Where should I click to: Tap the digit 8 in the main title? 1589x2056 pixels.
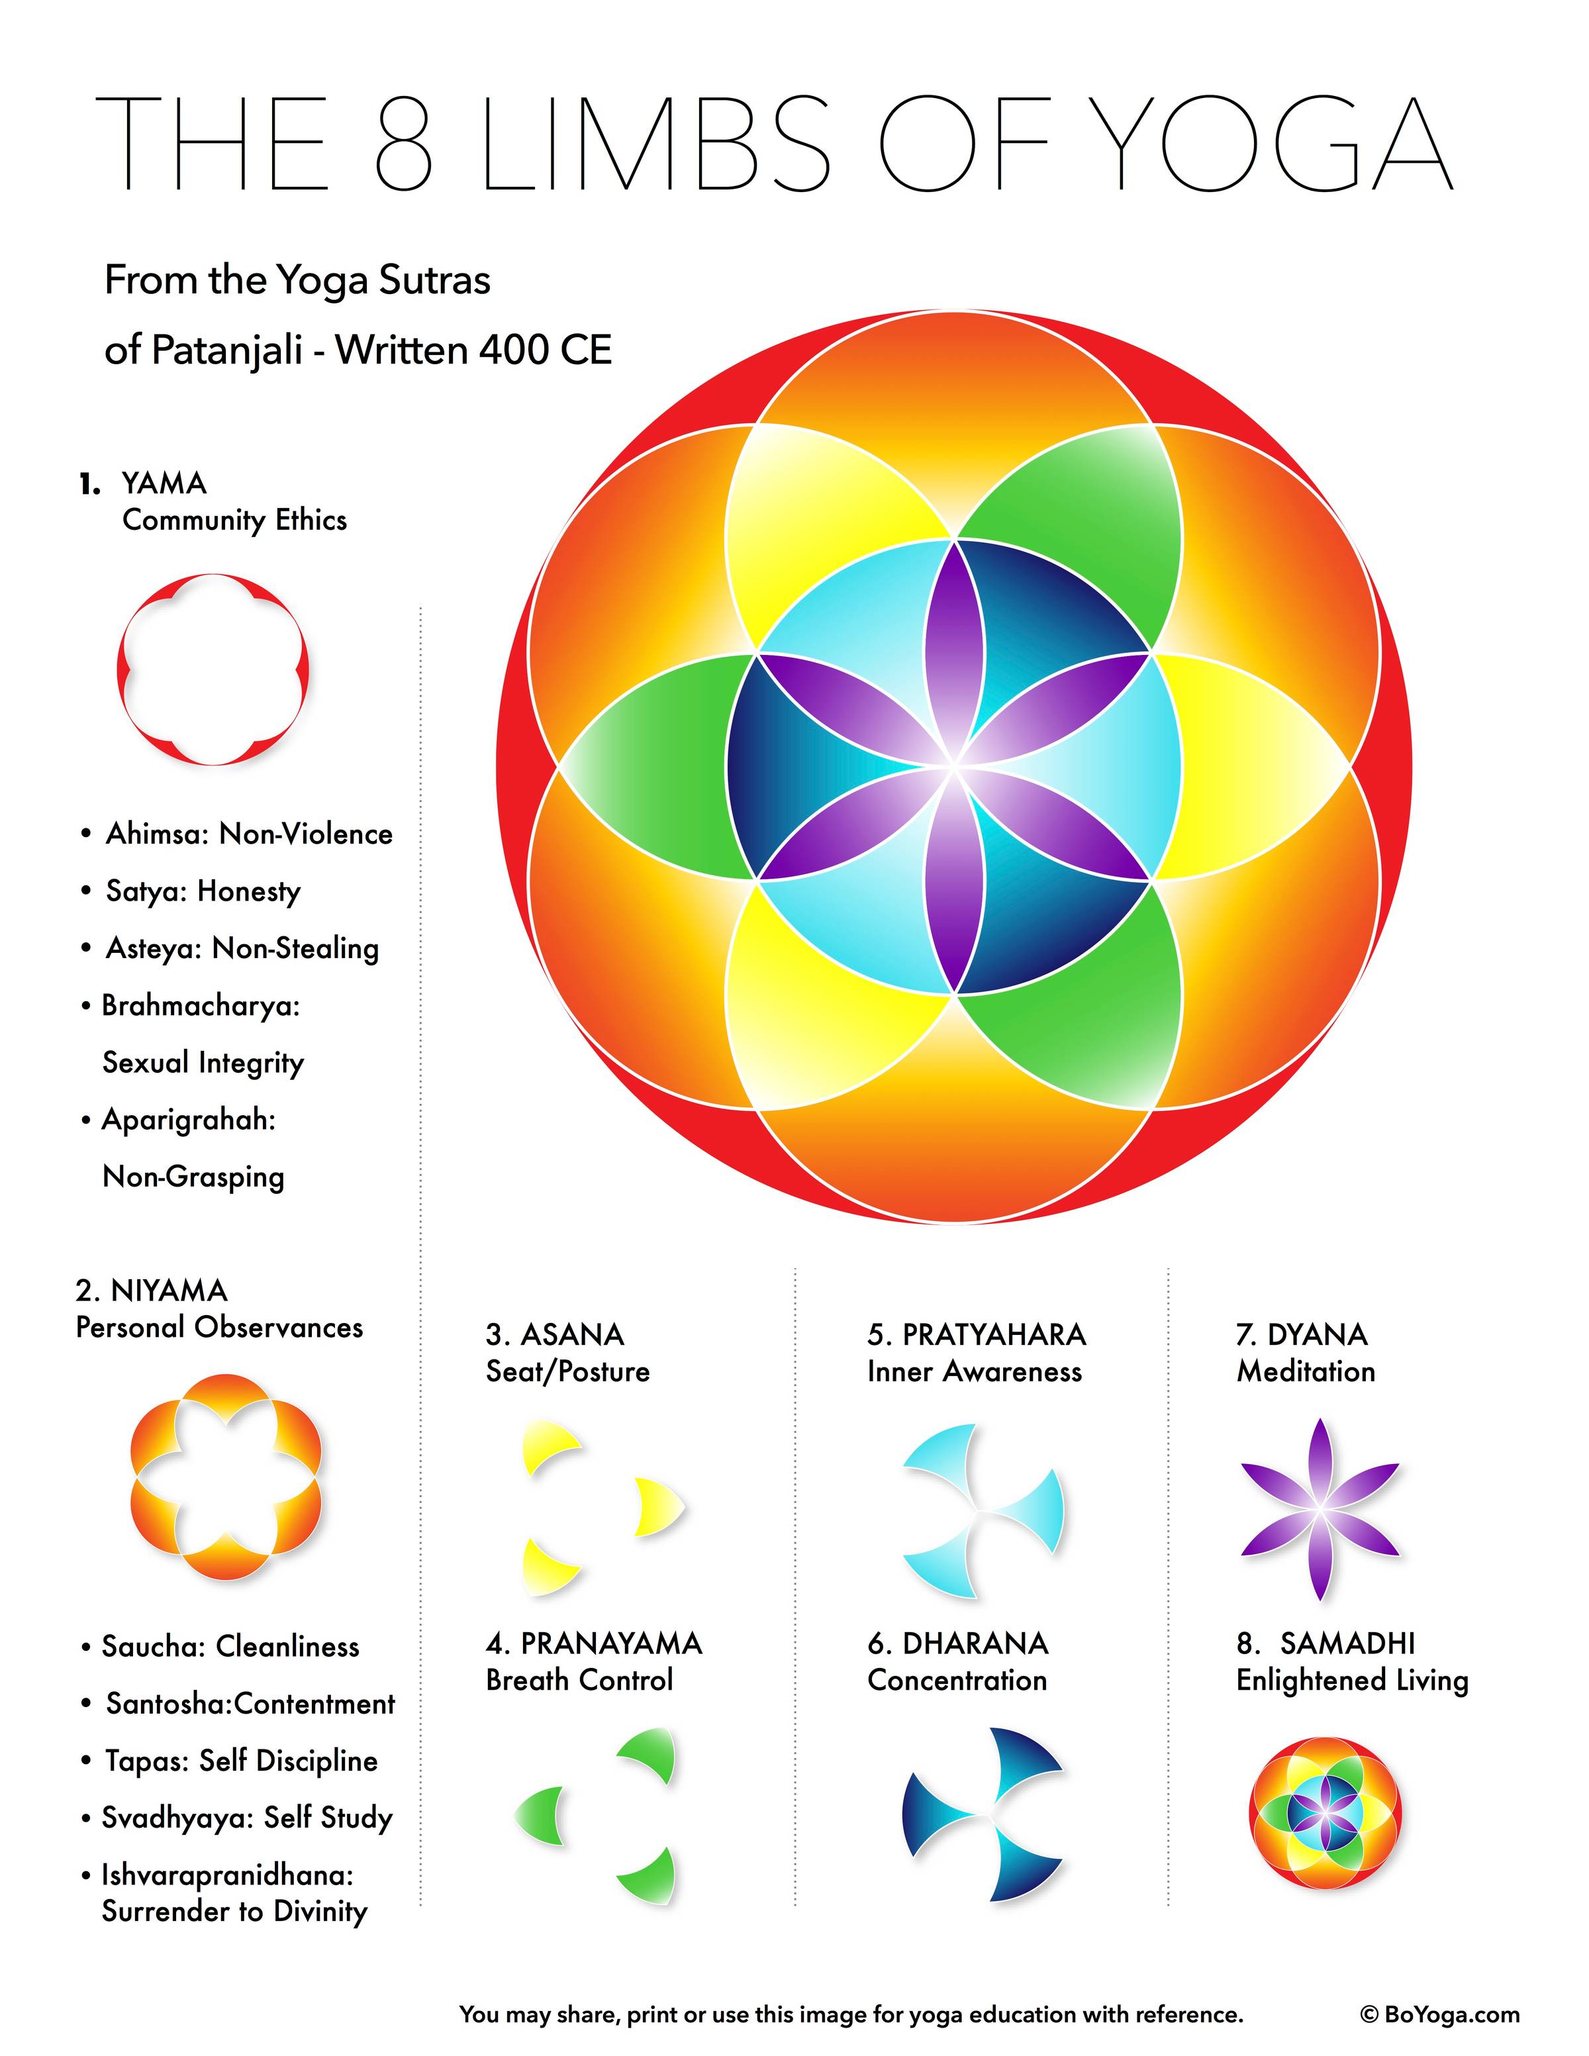[x=404, y=144]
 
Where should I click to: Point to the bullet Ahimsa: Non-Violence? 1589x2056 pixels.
[x=236, y=834]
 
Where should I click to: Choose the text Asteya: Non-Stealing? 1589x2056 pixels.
[x=230, y=948]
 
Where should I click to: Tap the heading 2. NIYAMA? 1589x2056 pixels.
[x=152, y=1290]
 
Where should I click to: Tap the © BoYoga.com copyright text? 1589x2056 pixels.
[x=1440, y=2014]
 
